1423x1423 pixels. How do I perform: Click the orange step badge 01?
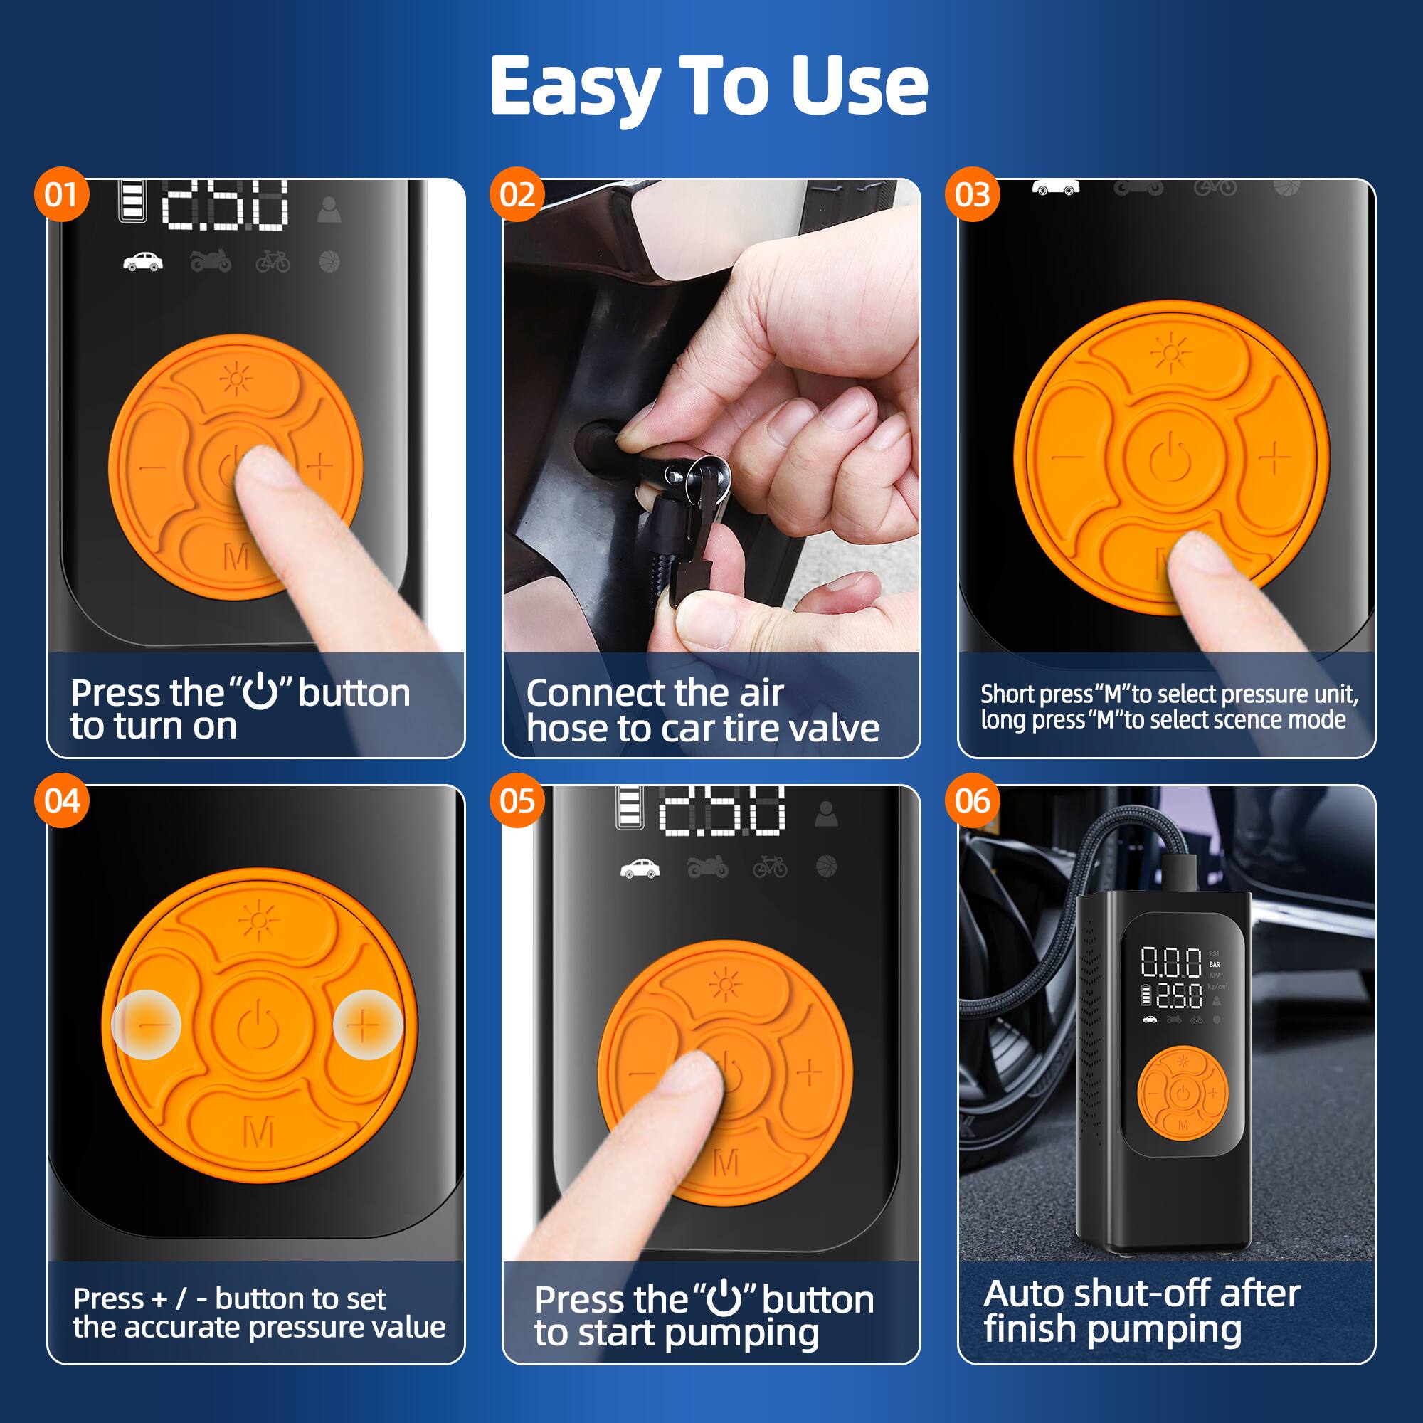(x=60, y=194)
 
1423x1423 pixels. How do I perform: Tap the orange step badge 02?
(x=517, y=194)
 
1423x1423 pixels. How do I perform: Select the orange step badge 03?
(x=971, y=194)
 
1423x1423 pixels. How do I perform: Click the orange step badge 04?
(x=60, y=800)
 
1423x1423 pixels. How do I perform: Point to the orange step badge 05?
(x=517, y=800)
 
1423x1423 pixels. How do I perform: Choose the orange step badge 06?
(x=971, y=800)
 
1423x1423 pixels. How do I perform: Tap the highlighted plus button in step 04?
(x=367, y=1025)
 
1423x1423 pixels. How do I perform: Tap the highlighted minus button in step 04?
(x=147, y=1025)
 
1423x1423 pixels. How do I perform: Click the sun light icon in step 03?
(x=1170, y=354)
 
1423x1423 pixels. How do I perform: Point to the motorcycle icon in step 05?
(x=707, y=867)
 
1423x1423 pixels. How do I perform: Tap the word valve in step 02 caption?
(x=834, y=729)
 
